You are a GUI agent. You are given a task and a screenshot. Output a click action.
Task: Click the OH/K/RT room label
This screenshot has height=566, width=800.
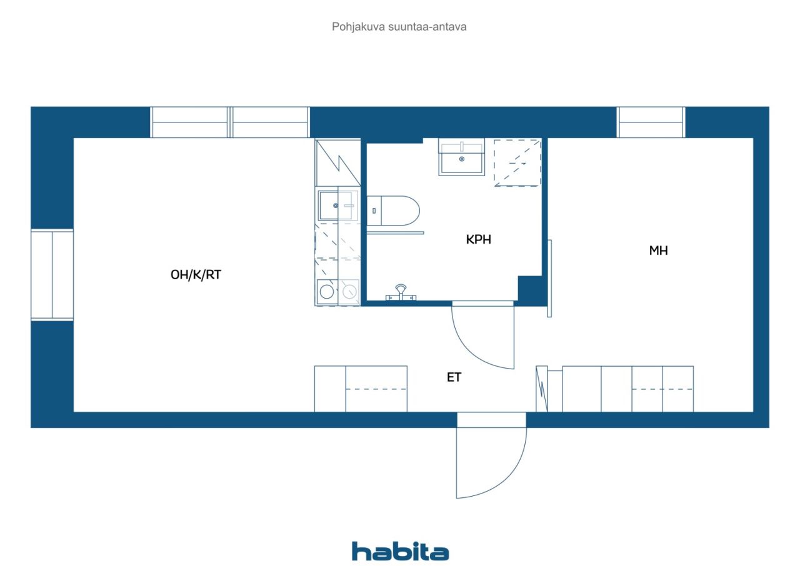[196, 275]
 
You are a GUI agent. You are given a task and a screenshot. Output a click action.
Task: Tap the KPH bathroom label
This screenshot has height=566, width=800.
[479, 239]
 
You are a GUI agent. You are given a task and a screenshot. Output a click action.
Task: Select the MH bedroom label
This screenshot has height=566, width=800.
[658, 251]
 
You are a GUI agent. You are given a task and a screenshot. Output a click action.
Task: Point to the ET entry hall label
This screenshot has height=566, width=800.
[454, 377]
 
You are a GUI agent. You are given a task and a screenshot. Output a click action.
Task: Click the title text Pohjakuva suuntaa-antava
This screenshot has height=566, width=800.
[399, 27]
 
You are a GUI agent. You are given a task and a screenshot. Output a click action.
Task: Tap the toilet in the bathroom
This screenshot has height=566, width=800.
[393, 211]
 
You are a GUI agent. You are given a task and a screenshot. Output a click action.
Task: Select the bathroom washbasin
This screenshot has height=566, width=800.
[461, 157]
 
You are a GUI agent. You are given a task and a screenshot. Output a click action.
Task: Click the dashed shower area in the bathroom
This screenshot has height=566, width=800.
[517, 162]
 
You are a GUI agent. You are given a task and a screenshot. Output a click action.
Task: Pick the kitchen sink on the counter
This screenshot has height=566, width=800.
[338, 206]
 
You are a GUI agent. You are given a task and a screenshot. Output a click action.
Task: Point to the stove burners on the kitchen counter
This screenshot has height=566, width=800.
[338, 292]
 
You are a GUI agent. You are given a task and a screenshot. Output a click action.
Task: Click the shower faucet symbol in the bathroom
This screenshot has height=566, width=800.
[401, 292]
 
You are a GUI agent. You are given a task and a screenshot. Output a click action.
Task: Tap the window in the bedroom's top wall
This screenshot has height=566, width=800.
[651, 122]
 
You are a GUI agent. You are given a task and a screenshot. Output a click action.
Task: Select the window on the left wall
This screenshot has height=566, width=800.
[52, 275]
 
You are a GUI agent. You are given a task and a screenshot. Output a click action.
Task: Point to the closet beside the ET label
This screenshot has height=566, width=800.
[361, 389]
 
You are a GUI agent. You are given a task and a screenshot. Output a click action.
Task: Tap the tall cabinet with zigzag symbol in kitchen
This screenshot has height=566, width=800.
[338, 162]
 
